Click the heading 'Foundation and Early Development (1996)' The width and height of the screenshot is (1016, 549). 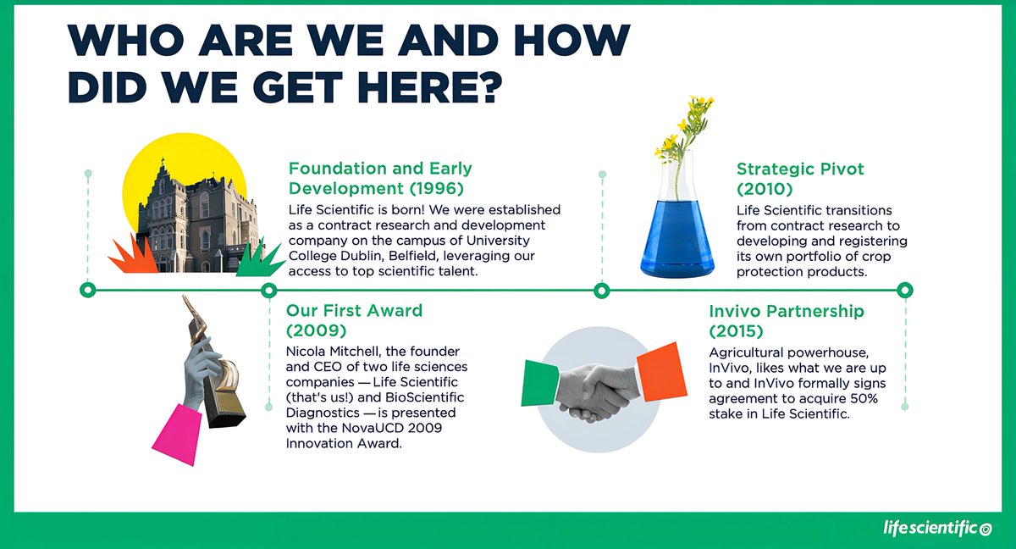click(379, 177)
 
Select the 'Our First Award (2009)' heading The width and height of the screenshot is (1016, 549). click(354, 319)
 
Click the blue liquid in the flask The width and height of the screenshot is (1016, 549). click(676, 238)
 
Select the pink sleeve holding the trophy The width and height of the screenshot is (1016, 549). click(179, 433)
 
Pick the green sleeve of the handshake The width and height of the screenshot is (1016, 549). click(538, 381)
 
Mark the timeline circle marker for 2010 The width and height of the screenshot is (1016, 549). click(601, 291)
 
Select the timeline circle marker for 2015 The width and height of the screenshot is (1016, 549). click(904, 291)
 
